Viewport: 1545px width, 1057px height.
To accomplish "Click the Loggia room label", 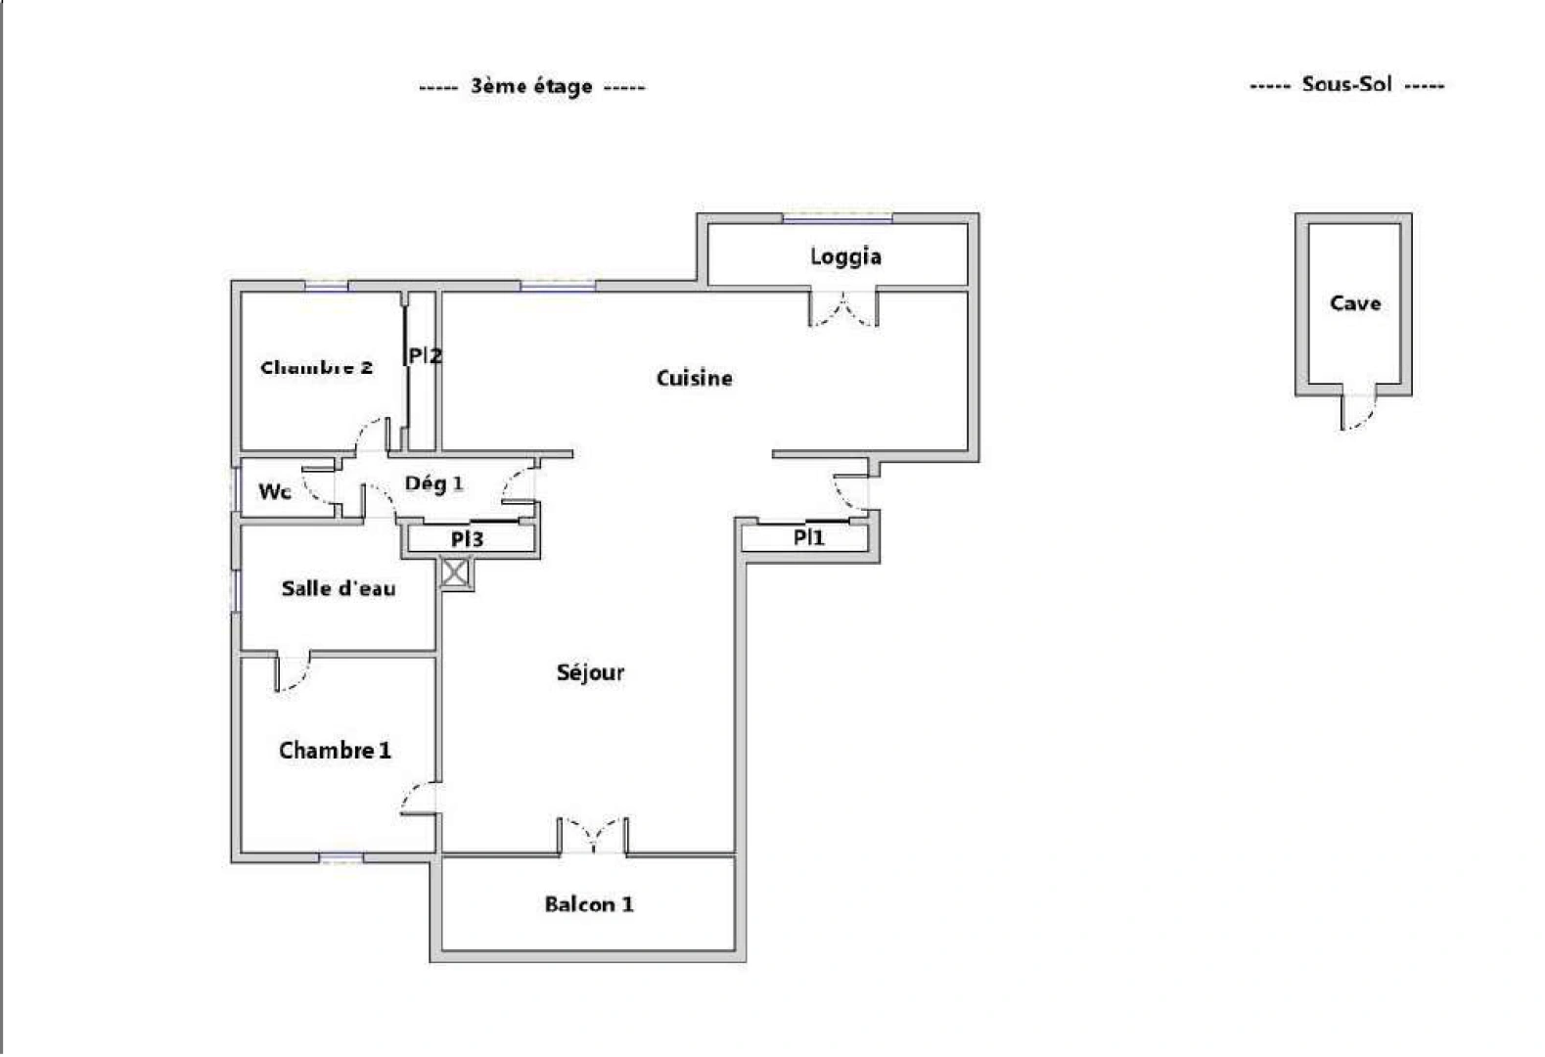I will (x=845, y=256).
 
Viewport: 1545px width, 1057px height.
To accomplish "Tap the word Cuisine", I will (x=694, y=378).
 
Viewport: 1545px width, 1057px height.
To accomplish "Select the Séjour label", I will (x=590, y=672).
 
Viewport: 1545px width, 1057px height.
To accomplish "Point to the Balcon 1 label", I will (x=588, y=904).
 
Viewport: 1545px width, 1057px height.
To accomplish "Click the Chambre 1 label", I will (x=335, y=751).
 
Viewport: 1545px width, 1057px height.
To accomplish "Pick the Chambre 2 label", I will (x=316, y=368).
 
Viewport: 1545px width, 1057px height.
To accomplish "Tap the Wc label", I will (x=274, y=491).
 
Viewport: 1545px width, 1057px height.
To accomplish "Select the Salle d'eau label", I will (x=339, y=588).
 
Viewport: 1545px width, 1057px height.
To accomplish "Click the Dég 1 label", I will (x=433, y=483).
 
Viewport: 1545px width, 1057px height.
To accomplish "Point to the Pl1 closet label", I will (x=808, y=537).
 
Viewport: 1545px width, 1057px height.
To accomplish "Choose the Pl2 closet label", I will (x=425, y=356).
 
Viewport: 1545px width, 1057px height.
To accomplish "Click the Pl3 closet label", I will (x=467, y=539).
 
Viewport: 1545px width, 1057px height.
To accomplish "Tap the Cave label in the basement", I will (x=1355, y=303).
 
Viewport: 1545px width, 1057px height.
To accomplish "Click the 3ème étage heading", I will (x=531, y=86).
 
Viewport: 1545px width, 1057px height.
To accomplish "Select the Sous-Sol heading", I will (x=1346, y=84).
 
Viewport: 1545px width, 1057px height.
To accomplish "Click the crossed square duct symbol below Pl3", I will (x=455, y=573).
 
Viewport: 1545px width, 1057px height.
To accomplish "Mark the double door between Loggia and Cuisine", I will (x=842, y=310).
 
